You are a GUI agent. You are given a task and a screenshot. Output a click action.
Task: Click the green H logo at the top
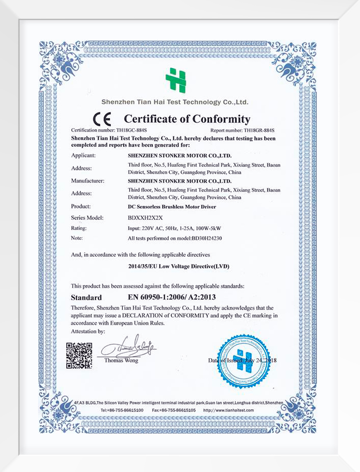tap(176, 80)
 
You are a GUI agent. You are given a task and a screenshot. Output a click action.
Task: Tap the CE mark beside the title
tap(102, 120)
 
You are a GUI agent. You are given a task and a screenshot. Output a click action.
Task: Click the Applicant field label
tap(84, 155)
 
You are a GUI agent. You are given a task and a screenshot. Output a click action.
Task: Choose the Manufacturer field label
tap(87, 181)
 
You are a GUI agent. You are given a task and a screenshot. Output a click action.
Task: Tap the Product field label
tap(81, 206)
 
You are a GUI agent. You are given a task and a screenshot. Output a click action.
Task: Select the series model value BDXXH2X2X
tap(143, 217)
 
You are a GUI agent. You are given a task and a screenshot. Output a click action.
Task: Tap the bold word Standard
tap(86, 297)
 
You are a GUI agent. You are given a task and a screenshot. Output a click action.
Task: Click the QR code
tap(79, 355)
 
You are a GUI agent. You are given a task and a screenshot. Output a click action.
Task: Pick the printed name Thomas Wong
tap(121, 360)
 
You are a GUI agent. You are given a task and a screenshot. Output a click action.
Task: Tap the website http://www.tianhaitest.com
tap(228, 410)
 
